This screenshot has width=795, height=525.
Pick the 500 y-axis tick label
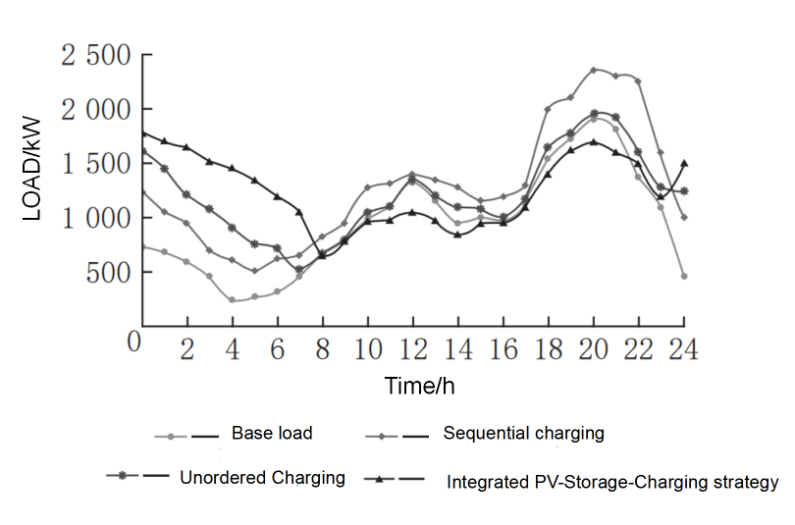[x=108, y=273]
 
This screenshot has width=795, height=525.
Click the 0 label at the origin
[x=134, y=342]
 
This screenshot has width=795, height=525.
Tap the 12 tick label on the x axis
[x=412, y=349]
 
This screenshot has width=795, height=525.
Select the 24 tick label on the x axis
[x=683, y=349]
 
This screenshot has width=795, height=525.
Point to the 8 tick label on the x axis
[x=322, y=349]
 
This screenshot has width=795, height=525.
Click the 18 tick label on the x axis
[x=548, y=349]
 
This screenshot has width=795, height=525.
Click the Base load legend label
[x=272, y=432]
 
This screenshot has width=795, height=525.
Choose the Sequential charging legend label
[x=523, y=432]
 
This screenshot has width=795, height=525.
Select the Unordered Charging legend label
[x=263, y=478]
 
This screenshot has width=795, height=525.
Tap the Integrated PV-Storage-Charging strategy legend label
[x=612, y=482]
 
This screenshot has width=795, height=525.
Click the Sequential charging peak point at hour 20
[x=594, y=70]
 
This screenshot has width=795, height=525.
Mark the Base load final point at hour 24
[x=684, y=277]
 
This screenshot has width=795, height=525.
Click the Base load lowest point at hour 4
[x=233, y=300]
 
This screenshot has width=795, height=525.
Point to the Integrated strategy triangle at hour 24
[x=684, y=163]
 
